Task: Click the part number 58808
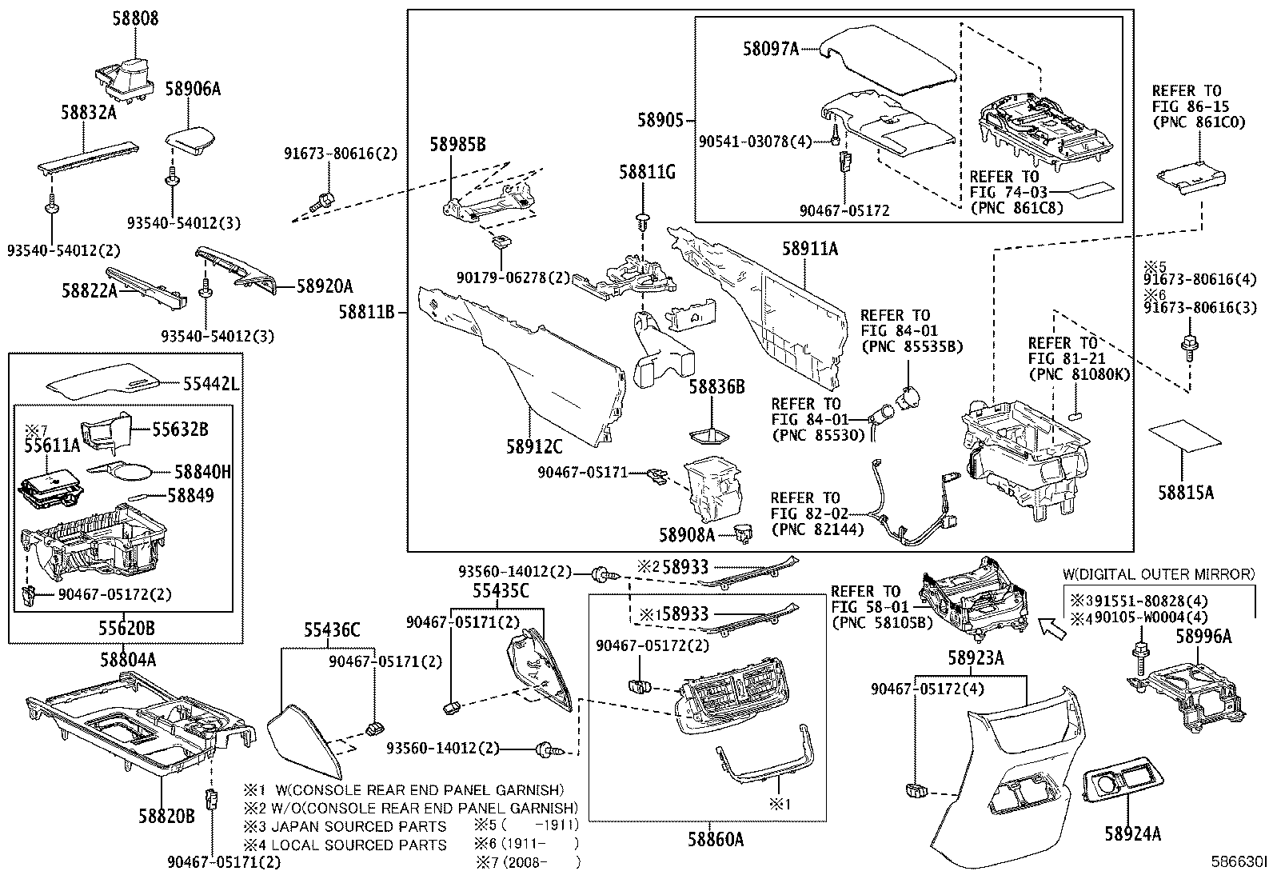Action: point(134,18)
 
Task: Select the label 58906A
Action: point(193,89)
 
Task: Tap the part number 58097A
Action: point(770,50)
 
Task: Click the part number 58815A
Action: point(1186,493)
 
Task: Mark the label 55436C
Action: point(331,630)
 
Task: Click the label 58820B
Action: point(166,816)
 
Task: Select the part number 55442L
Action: point(211,385)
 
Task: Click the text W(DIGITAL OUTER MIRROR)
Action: point(1158,573)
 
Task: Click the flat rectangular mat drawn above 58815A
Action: point(1185,438)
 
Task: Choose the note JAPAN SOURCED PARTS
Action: point(358,826)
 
